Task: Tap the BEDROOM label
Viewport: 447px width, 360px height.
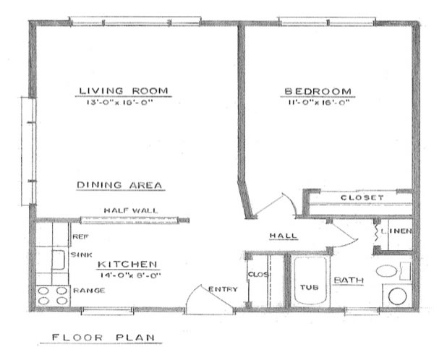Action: [x=318, y=91]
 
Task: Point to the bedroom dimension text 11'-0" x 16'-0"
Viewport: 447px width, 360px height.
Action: [x=318, y=103]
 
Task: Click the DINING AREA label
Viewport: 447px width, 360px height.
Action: [x=119, y=185]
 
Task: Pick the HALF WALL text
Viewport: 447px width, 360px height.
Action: [x=130, y=210]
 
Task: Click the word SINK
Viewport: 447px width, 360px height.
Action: [x=81, y=255]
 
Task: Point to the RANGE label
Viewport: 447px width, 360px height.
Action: [x=89, y=291]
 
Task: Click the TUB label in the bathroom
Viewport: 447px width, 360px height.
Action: [x=310, y=287]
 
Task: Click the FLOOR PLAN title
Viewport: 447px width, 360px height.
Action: [x=106, y=338]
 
